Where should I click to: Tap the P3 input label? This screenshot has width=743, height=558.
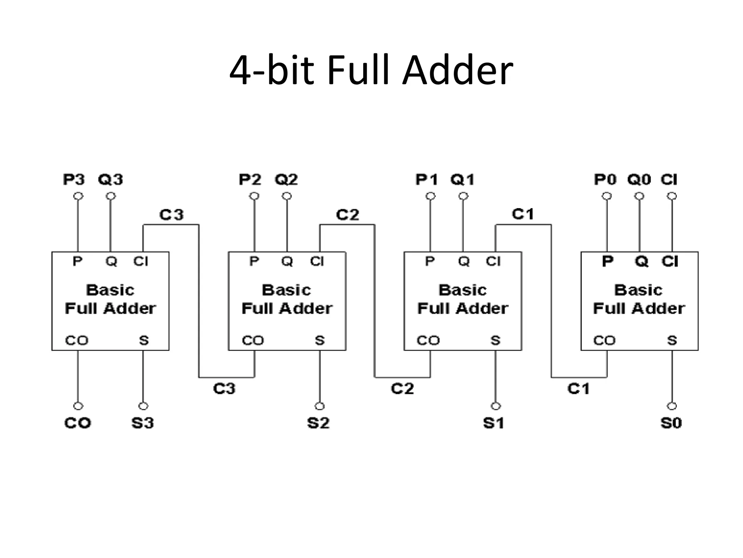click(74, 179)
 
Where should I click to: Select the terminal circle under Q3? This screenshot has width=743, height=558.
click(111, 196)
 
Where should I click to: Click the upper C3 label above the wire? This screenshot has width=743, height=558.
click(172, 215)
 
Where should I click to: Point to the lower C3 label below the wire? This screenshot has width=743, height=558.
click(224, 389)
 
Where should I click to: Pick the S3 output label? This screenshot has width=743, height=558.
click(143, 423)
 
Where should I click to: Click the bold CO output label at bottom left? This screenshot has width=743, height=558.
click(78, 423)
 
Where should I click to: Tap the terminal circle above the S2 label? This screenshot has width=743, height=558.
click(320, 406)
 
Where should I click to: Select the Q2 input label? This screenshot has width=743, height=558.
click(286, 179)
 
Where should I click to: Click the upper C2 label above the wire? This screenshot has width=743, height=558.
click(348, 215)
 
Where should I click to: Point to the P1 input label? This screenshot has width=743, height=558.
click(427, 179)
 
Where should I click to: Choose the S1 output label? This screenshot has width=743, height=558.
click(493, 423)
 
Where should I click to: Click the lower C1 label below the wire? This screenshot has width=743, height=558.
click(578, 389)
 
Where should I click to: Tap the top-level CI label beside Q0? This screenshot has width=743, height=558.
click(669, 179)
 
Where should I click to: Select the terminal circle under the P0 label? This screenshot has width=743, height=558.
click(607, 196)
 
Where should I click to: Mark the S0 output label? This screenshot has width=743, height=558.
click(671, 423)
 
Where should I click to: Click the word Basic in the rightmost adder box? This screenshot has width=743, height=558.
click(639, 290)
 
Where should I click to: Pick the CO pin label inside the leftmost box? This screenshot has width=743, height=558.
click(77, 340)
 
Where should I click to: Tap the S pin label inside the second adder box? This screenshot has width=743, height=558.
click(320, 340)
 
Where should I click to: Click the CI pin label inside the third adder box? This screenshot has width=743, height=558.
click(493, 261)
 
